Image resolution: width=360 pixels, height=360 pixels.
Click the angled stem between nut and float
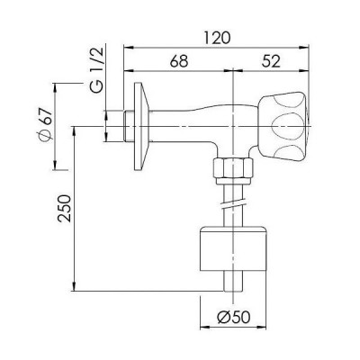click(233, 202)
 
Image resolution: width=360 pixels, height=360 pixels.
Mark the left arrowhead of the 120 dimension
click(126, 45)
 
